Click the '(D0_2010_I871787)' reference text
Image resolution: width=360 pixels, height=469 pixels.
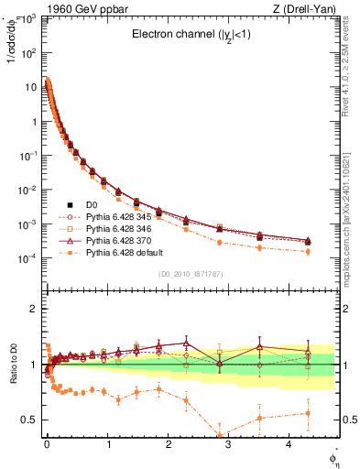[191, 274]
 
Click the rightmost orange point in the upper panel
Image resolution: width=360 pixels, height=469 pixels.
[307, 251]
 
